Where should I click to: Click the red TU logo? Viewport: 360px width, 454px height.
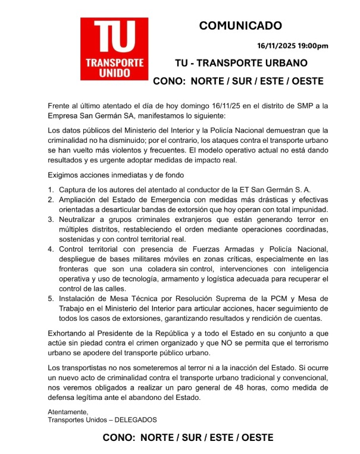(115, 49)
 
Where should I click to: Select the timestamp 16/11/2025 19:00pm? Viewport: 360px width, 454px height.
(293, 46)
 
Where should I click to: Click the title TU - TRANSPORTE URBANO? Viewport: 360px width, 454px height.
(241, 63)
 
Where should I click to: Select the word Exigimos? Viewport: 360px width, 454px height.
(64, 176)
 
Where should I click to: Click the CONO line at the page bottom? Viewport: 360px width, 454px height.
(188, 438)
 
